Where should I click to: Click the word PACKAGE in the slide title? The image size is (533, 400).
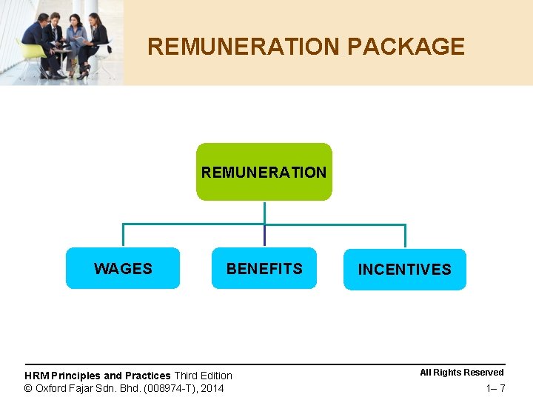(406, 47)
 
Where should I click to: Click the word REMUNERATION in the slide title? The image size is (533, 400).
(244, 47)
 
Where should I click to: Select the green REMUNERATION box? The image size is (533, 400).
(264, 172)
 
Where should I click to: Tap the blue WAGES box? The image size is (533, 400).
(123, 268)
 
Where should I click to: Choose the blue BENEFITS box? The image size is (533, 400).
(264, 268)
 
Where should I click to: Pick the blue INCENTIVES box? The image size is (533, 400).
(404, 269)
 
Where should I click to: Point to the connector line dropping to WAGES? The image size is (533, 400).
(123, 236)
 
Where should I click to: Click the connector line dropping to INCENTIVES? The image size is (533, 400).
(405, 236)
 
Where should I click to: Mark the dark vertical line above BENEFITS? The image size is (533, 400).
(264, 236)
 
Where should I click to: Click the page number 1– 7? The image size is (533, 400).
(495, 389)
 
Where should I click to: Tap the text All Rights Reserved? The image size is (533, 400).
(462, 373)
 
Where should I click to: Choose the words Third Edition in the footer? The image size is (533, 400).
(203, 376)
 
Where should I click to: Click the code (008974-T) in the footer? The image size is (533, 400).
(169, 388)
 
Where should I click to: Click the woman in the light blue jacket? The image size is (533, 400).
(77, 41)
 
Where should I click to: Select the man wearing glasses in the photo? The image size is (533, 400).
(54, 37)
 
